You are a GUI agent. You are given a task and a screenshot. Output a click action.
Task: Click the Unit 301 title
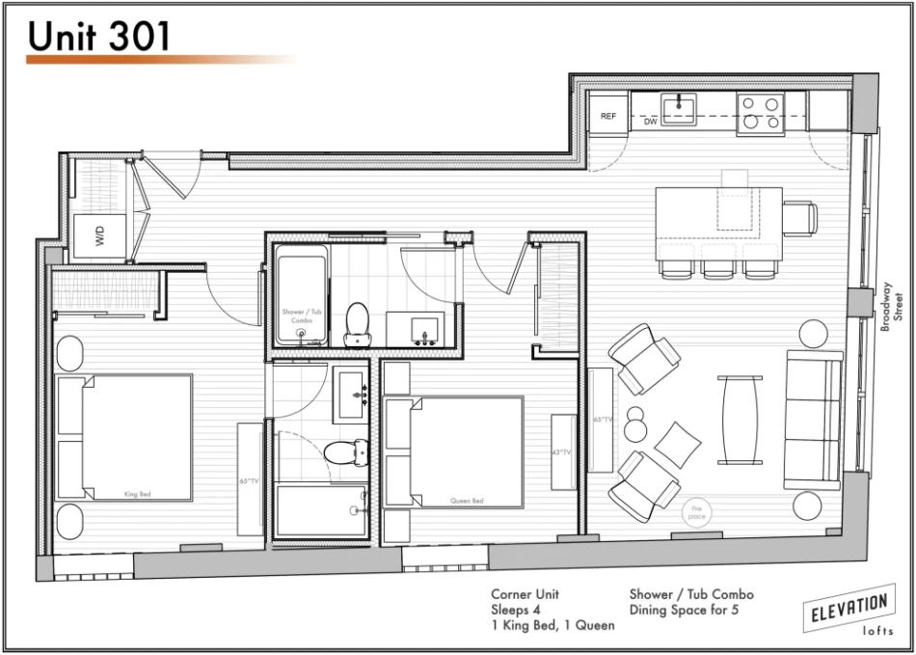coord(99,36)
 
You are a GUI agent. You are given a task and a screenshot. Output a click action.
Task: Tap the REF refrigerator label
coord(608,116)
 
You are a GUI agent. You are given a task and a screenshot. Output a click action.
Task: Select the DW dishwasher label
coord(651,123)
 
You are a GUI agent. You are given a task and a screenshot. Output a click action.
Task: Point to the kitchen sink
coord(681,108)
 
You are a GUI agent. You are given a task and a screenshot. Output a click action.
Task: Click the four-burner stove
coord(761,112)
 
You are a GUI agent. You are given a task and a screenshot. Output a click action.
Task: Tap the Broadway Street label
coord(892,307)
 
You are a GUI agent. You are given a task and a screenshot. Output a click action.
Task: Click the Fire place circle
coord(696,513)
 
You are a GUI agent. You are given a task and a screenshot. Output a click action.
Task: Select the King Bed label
coord(138,494)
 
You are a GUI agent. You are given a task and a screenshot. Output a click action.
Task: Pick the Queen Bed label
coord(467,501)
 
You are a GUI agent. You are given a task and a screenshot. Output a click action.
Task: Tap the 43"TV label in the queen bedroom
coord(562,451)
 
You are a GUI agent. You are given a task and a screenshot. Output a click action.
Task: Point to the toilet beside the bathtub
coord(358,324)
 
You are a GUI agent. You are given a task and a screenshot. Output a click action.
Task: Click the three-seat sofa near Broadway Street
coord(814,421)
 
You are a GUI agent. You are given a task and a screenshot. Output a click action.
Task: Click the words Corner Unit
coord(525,594)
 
